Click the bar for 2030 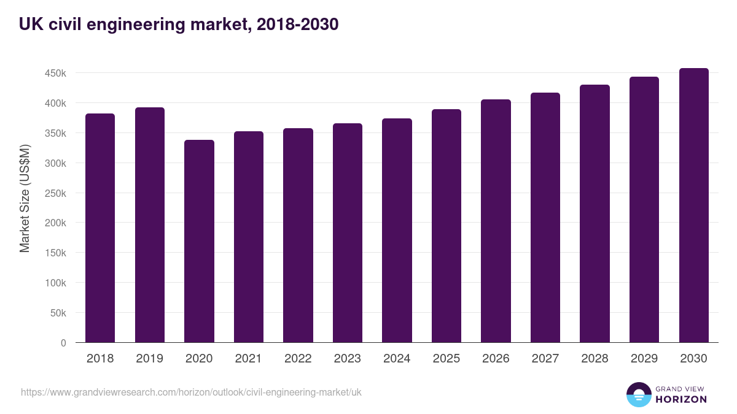(693, 205)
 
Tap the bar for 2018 (100, 228)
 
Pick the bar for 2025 (446, 226)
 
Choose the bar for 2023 (348, 233)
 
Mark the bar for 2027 (545, 218)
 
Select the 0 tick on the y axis (63, 343)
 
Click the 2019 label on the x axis (149, 359)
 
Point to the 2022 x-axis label (298, 359)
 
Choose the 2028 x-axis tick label (595, 359)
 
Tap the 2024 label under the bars (397, 359)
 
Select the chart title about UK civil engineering (179, 24)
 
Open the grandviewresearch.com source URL (191, 392)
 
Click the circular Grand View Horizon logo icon (639, 395)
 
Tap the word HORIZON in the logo (681, 399)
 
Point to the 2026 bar (496, 221)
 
